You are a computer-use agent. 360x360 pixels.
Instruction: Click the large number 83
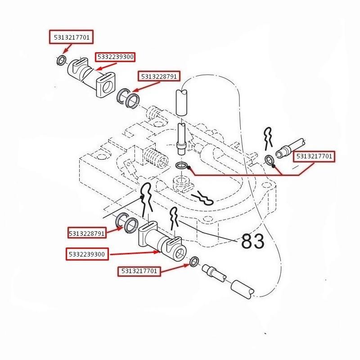pos(253,242)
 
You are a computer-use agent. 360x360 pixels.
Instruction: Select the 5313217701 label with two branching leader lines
pos(315,156)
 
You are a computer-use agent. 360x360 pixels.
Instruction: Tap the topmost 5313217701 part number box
pos(71,37)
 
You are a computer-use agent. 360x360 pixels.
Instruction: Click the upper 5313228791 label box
pos(161,76)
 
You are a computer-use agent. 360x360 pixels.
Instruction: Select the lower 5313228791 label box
pos(87,233)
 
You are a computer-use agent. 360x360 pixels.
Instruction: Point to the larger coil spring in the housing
pos(154,158)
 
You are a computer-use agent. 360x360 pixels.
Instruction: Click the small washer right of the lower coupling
pos(194,261)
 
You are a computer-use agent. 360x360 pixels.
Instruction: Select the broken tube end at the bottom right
pos(243,289)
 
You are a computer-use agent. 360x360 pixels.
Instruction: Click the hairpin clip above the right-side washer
pos(269,136)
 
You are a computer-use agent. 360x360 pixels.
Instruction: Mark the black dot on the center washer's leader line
pos(190,168)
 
